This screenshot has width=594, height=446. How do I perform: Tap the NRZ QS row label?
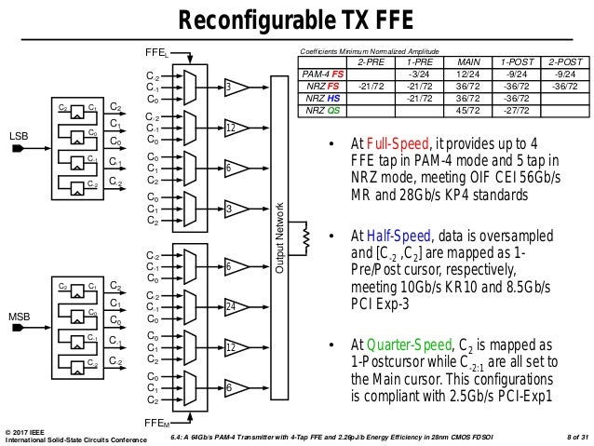[323, 109]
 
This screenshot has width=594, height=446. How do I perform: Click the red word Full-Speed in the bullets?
[392, 144]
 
